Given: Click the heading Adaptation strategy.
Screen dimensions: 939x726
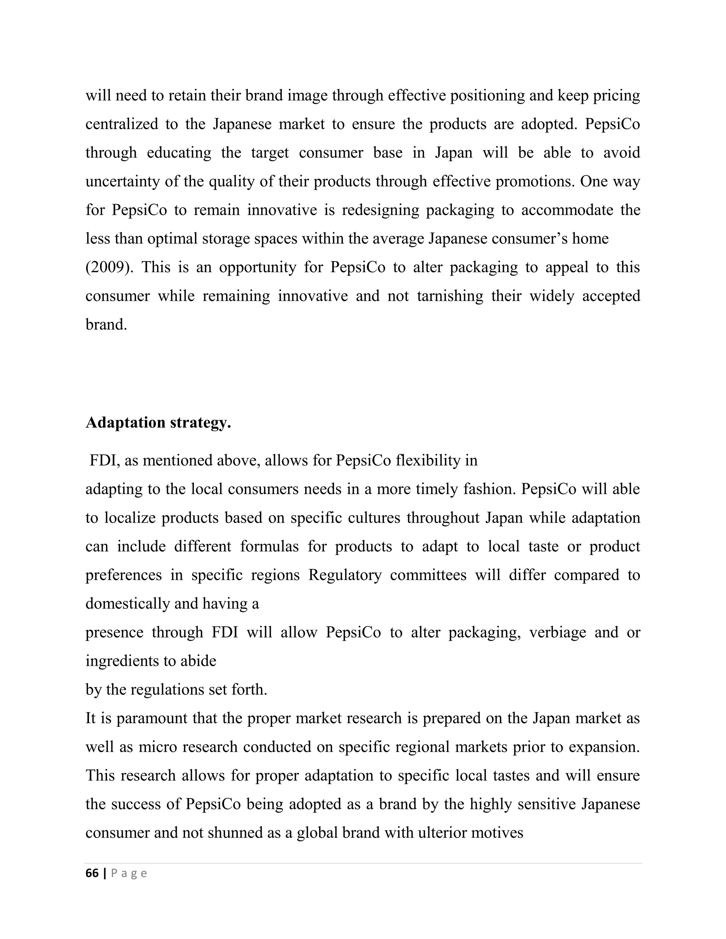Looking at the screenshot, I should click(158, 423).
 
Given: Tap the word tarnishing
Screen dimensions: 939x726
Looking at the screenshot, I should click(450, 296).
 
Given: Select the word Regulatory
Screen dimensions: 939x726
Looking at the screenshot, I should click(345, 575).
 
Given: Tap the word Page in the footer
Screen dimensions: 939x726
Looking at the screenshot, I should click(129, 873).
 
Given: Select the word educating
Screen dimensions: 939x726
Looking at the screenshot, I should click(179, 153).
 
